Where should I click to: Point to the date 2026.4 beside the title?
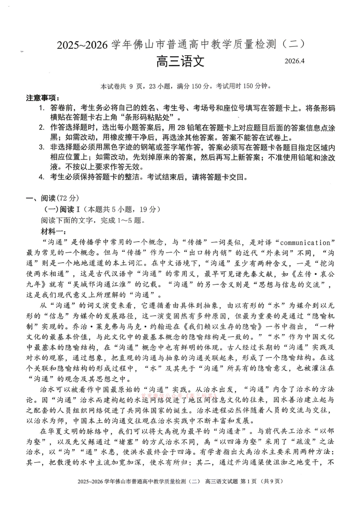(294, 61)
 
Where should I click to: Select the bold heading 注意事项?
(42, 98)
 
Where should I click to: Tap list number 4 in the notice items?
(42, 177)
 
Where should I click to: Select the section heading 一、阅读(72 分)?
(52, 198)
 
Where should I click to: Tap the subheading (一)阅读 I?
(62, 209)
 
